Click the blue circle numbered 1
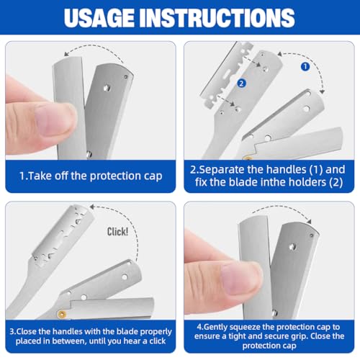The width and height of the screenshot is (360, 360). pos(305,67)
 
